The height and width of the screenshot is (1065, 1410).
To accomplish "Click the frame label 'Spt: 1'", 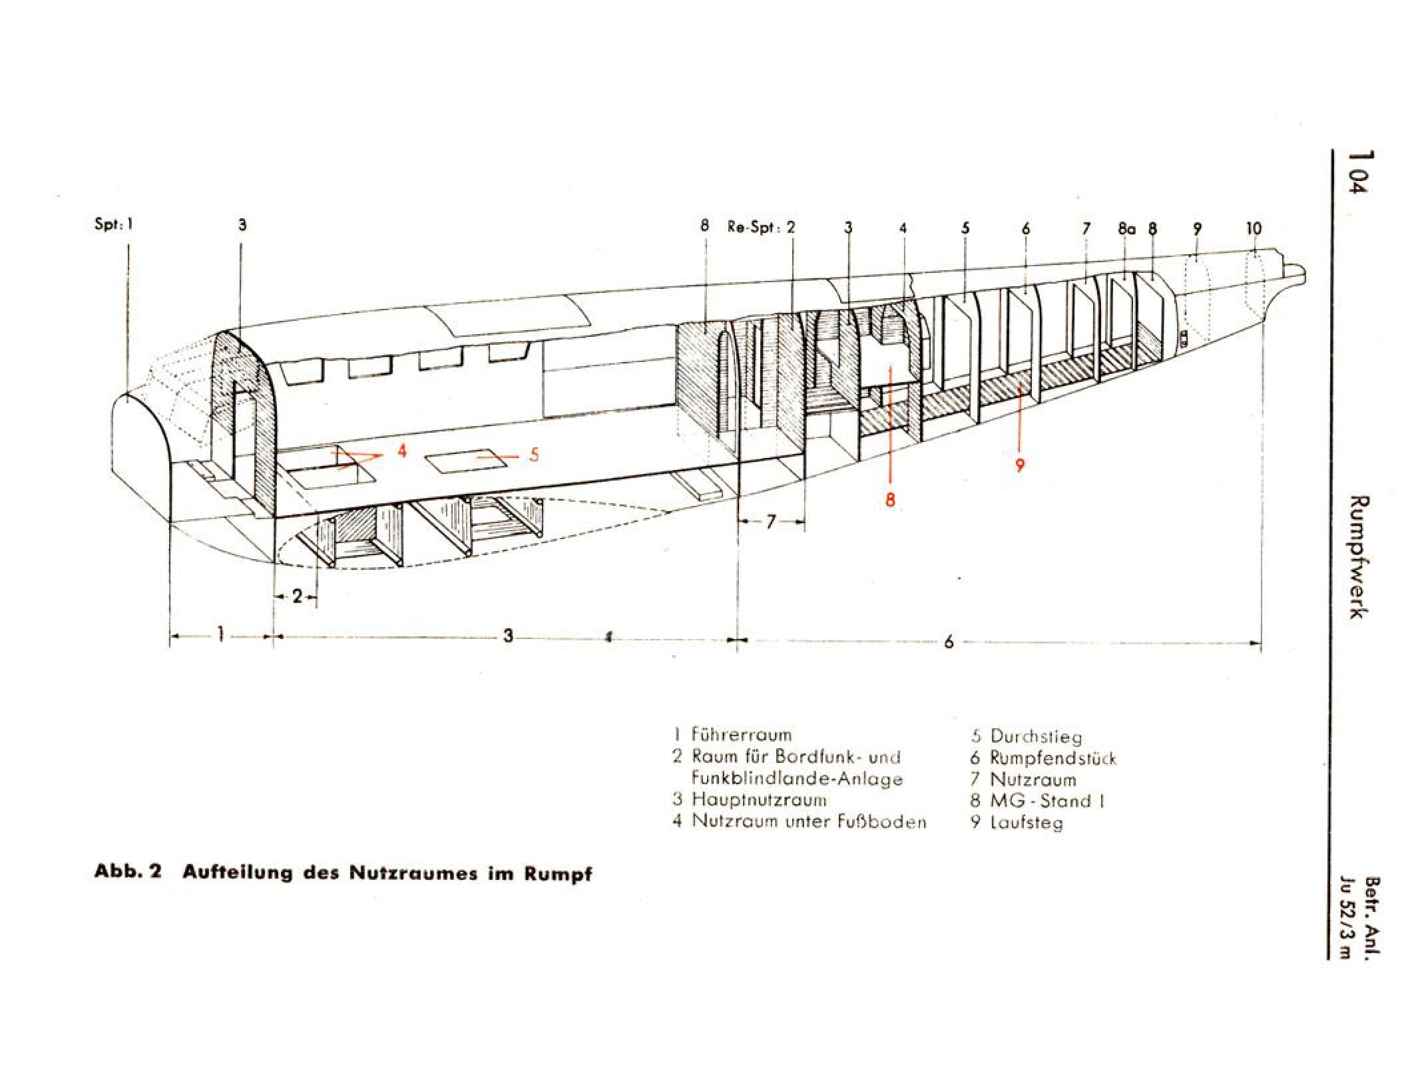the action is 114,224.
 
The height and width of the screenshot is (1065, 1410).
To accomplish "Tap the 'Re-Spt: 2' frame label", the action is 762,227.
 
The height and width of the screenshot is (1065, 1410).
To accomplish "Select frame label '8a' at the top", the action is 1126,229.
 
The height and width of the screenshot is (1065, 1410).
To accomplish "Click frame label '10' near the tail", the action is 1254,229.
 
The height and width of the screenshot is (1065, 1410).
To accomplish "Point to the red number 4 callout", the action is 401,451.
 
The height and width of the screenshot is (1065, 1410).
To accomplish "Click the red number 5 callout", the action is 534,455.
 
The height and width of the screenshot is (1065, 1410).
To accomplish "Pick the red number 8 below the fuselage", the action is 891,499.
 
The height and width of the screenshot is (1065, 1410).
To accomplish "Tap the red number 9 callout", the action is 1020,464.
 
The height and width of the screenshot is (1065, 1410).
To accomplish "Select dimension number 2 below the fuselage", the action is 297,596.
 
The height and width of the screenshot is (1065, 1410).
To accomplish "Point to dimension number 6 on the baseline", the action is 949,642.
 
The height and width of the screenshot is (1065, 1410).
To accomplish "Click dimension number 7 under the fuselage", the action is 771,523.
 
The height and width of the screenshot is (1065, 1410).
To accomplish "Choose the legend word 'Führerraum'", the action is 742,735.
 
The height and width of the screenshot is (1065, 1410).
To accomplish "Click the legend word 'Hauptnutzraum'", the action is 759,799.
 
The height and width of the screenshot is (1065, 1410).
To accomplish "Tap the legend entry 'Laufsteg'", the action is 1027,823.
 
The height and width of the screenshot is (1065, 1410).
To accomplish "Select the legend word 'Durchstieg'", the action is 1036,736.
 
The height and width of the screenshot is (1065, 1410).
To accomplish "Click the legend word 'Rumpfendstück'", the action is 1053,757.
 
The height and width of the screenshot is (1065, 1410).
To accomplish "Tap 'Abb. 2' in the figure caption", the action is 128,872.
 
